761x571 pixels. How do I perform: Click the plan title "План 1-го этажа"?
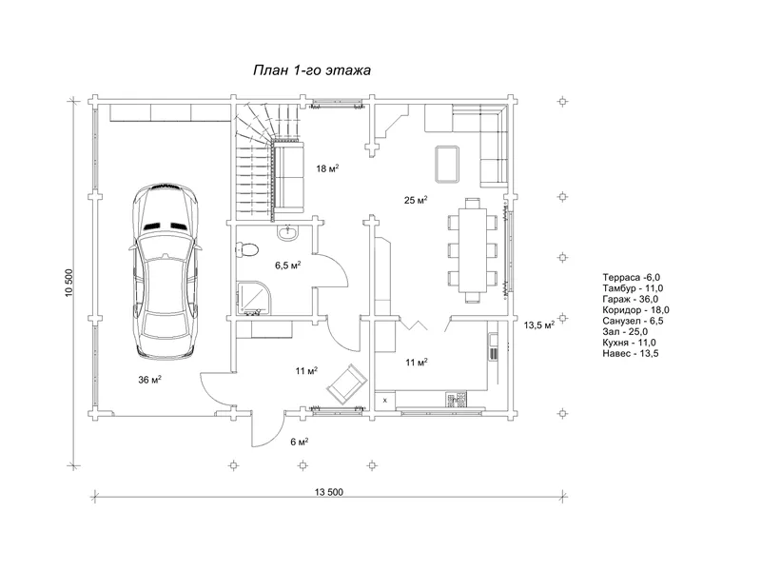312,70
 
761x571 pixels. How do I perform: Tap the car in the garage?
165,271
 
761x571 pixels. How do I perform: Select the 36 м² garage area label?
150,379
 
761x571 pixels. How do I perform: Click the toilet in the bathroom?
247,250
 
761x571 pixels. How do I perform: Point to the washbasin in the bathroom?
288,232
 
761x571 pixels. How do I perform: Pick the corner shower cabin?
254,298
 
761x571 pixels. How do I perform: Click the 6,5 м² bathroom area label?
288,266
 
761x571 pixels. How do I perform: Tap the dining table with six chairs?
473,250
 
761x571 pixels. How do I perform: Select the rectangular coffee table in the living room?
447,164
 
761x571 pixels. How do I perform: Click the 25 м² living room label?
416,200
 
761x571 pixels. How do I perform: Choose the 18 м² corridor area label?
327,168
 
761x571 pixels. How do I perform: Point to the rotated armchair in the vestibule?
347,384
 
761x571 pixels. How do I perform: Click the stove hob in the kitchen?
457,400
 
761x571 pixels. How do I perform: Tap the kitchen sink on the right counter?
493,345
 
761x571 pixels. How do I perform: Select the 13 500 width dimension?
328,492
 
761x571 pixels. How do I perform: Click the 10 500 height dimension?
68,283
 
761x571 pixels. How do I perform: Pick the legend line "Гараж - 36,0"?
630,299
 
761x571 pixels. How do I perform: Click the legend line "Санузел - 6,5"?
633,321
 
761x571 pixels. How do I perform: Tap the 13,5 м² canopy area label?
538,325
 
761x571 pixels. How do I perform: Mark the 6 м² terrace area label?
300,442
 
